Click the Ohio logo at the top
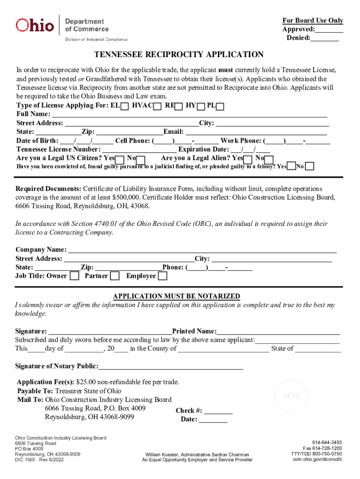(35, 25)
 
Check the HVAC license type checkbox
(158, 107)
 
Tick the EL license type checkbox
(125, 107)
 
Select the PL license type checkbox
(220, 107)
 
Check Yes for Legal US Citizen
(120, 160)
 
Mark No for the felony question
(310, 167)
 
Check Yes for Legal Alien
(248, 160)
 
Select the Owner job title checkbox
(74, 276)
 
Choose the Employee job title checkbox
(162, 276)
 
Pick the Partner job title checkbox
(115, 276)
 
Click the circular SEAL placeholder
(292, 396)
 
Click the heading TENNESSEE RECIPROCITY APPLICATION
(179, 55)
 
